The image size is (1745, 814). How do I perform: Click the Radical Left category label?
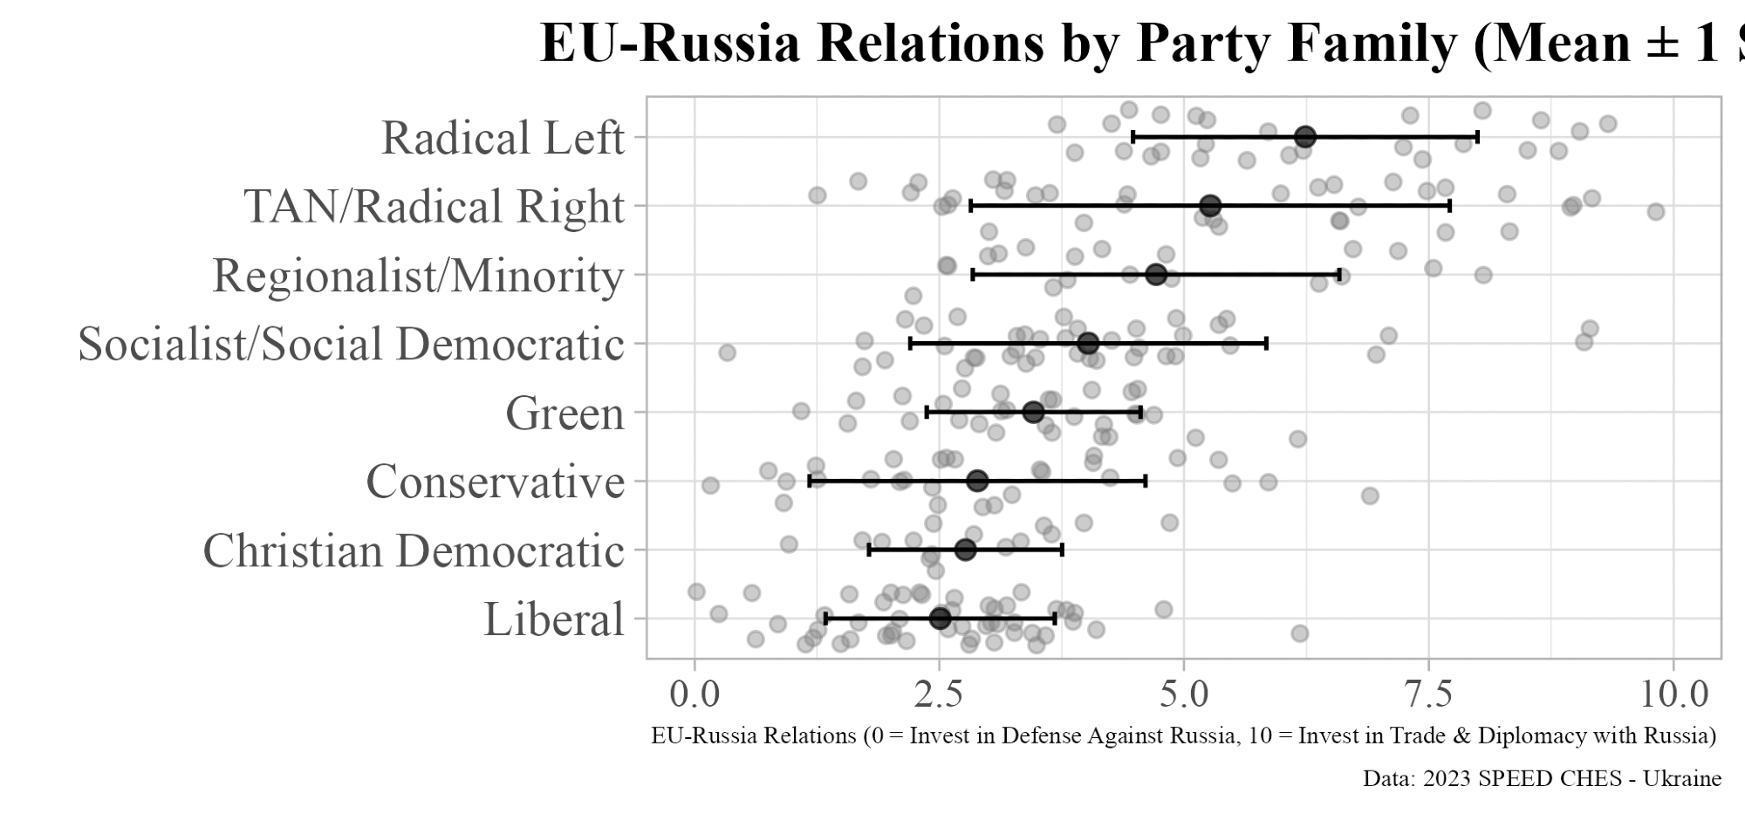pos(503,138)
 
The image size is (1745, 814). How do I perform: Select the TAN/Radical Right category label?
pos(435,207)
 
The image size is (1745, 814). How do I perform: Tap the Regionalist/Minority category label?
pos(419,276)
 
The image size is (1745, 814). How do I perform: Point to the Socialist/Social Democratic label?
pos(352,344)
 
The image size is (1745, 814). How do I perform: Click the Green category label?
pos(565,413)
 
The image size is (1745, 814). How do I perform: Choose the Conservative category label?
pos(495,482)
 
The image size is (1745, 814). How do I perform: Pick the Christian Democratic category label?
pos(414,551)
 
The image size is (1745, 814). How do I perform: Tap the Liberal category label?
pos(554,619)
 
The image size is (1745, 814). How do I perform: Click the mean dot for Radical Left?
pos(1304,137)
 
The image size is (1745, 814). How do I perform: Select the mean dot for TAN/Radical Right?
pos(1210,206)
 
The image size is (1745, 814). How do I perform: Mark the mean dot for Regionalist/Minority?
pos(1156,275)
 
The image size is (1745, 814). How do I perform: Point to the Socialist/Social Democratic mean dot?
pos(1088,344)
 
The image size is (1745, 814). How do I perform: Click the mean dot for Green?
pos(1033,412)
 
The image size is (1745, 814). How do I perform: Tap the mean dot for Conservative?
pos(977,481)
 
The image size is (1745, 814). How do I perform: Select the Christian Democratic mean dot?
pos(965,550)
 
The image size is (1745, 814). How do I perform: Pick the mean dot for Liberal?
pos(940,619)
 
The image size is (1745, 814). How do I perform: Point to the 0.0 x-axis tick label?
pos(695,694)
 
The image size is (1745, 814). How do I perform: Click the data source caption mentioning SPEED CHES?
pos(1542,778)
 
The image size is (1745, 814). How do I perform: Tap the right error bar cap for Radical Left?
pos(1477,137)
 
